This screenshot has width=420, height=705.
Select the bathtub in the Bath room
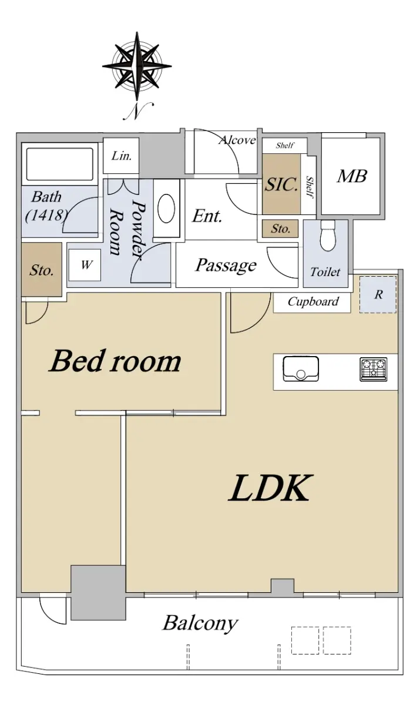(x=60, y=164)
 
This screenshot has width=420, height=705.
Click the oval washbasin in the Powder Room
(x=166, y=209)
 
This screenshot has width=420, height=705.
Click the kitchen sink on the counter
(x=301, y=368)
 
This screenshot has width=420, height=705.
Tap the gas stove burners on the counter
(x=374, y=369)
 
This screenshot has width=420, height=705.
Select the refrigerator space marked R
(x=378, y=294)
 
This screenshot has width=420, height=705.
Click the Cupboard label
(x=313, y=301)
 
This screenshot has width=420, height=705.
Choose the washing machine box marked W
(x=85, y=265)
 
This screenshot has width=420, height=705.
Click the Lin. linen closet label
(x=122, y=156)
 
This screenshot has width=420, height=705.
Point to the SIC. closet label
(x=281, y=184)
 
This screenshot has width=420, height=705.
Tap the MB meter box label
(x=352, y=176)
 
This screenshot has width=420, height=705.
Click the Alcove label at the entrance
(x=237, y=140)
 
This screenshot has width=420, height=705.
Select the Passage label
(x=226, y=265)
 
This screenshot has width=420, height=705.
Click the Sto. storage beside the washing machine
(x=42, y=270)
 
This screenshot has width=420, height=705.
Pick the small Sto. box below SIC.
(x=280, y=229)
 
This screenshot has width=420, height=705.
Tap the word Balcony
(x=200, y=623)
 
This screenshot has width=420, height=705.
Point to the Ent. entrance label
(x=207, y=216)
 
